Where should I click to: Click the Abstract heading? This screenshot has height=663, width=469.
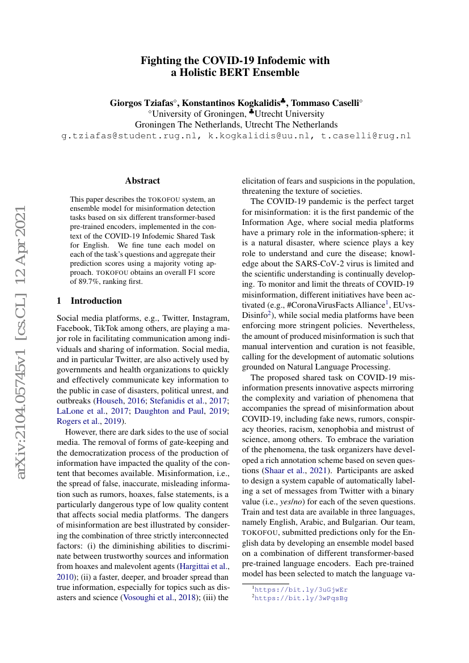click(142, 181)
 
